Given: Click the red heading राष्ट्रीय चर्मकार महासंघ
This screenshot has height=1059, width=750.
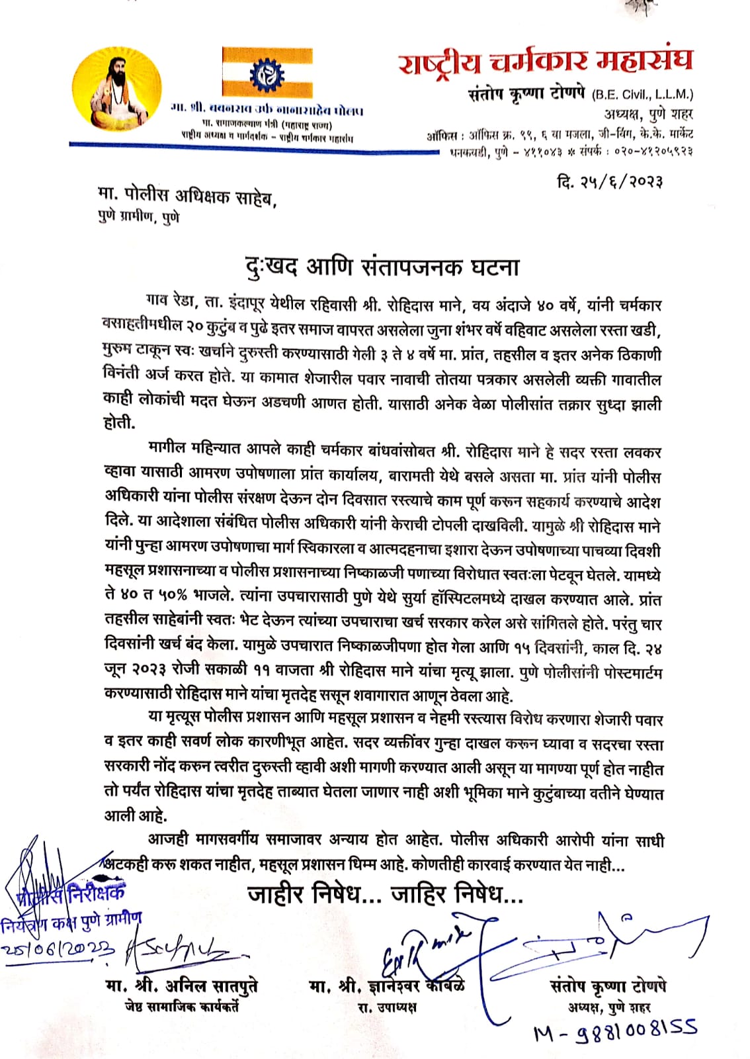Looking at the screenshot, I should coord(546,62).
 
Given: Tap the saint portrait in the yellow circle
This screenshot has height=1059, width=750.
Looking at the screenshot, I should coord(117,89).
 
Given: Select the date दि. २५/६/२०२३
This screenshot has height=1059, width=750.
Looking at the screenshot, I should coord(610,181).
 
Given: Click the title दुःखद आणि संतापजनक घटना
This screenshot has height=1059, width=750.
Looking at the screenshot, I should coord(382,267).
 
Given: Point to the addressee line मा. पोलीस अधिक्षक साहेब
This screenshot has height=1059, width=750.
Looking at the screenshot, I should coord(187,196).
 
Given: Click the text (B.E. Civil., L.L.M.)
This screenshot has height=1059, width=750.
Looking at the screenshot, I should coord(643,94).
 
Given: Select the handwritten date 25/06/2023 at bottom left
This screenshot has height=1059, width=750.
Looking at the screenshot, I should coord(58,948).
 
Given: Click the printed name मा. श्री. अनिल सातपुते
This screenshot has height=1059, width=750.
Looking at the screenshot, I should coord(181,986).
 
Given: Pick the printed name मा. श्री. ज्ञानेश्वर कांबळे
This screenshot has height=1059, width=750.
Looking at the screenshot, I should coord(386,986).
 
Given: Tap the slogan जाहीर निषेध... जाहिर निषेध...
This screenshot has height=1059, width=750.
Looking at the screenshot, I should coord(386,894).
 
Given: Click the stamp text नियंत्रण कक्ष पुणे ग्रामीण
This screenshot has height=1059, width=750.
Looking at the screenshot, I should coord(71,922).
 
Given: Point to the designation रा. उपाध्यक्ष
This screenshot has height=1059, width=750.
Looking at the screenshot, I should coord(387,1007).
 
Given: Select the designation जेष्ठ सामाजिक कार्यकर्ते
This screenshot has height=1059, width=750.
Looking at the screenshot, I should coord(181,1007).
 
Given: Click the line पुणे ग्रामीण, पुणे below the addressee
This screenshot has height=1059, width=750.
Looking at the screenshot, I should coord(138,217).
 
